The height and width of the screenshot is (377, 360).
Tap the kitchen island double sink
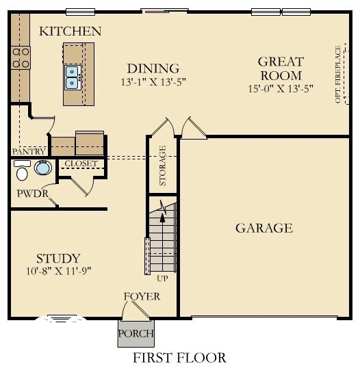point(73,77)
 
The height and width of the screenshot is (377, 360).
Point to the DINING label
point(153,68)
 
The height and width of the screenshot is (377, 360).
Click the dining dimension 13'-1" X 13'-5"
point(153,81)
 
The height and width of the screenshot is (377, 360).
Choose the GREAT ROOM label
point(280,68)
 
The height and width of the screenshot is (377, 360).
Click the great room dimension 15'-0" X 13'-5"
point(281,88)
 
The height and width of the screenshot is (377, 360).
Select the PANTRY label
point(29,151)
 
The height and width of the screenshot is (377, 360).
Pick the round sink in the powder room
point(43,168)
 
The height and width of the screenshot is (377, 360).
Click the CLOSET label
point(81,164)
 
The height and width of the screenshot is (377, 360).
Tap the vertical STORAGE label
point(162,166)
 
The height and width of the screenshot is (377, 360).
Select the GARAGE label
point(264,228)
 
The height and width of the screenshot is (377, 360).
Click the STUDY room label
point(58,258)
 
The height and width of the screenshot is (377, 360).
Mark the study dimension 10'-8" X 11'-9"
point(58,271)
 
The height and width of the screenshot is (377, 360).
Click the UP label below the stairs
point(162,278)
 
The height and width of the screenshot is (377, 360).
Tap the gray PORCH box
point(136,334)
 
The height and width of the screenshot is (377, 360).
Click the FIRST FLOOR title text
point(179,358)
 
